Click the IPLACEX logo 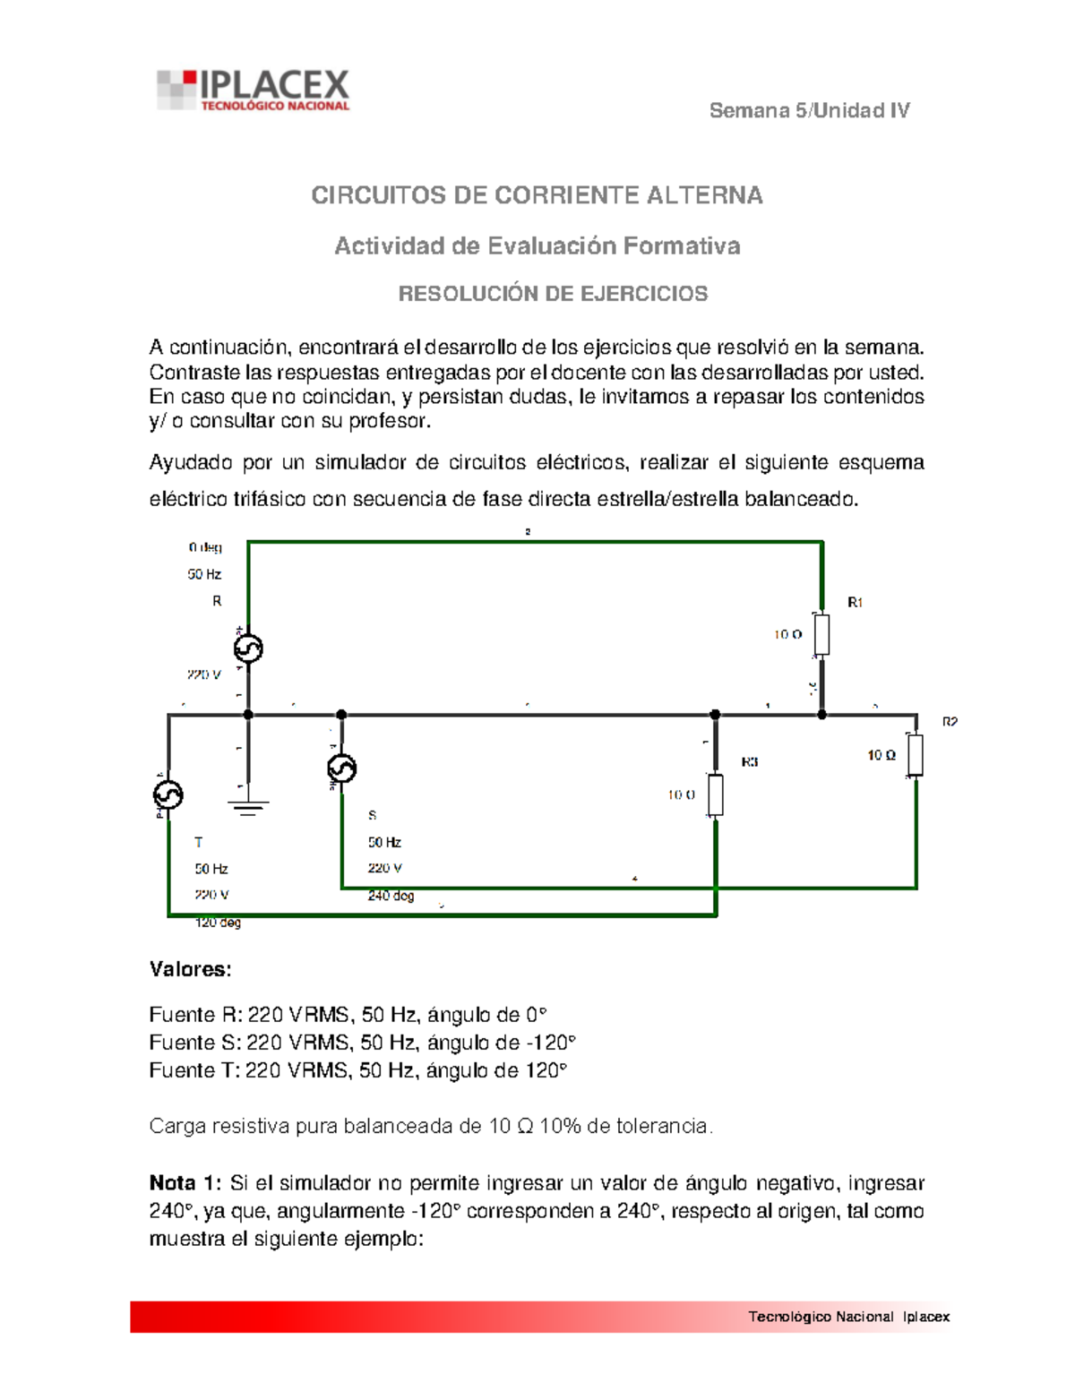[254, 90]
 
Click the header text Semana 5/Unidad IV [809, 111]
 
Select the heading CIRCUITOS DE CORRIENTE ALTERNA [537, 195]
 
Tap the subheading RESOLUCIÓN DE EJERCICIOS [553, 294]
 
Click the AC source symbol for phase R [248, 648]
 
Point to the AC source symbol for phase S [341, 768]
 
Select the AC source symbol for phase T [168, 794]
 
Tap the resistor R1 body [821, 634]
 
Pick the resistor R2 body [916, 755]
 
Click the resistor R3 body [715, 794]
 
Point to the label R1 [856, 603]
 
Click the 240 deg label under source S [391, 896]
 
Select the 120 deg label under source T [218, 923]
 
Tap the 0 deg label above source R [205, 547]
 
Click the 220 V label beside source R [204, 674]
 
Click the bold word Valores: [190, 969]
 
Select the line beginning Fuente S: [362, 1043]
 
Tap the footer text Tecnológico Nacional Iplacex [848, 1317]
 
